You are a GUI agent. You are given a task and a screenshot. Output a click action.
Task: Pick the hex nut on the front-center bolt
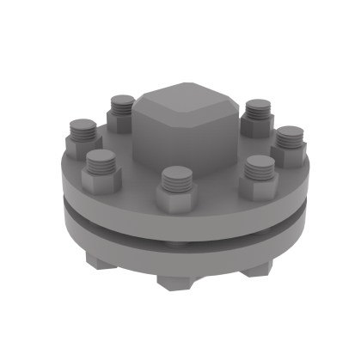pos(176,199)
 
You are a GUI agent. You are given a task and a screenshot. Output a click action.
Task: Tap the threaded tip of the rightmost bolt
pos(289,137)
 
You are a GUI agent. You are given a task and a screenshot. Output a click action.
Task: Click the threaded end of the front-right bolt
pos(257,166)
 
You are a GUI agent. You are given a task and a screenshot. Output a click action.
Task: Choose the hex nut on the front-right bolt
pos(256,185)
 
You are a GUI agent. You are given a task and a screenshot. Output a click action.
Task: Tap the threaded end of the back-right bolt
pos(256,109)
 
